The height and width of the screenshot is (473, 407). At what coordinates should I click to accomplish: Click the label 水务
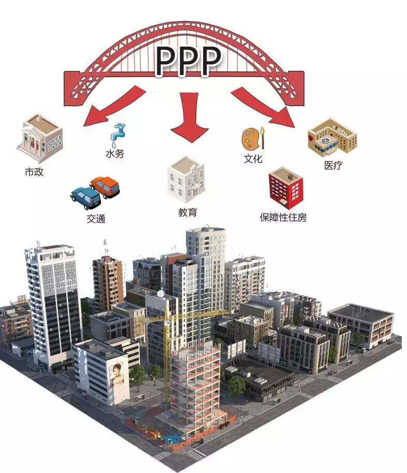tap(114, 154)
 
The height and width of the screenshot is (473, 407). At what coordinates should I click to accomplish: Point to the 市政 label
tap(34, 171)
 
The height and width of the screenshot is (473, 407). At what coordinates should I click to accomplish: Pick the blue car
tap(85, 197)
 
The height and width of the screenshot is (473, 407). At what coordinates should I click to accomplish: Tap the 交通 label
tap(96, 218)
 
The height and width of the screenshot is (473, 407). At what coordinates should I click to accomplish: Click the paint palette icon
tap(251, 138)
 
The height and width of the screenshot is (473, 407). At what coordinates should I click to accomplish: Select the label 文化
tap(253, 159)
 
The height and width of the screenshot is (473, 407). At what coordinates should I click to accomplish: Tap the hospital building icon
tap(332, 136)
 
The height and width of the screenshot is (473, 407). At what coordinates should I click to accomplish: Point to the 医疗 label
tap(333, 166)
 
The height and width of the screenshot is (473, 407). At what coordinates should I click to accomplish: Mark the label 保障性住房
tap(283, 218)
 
